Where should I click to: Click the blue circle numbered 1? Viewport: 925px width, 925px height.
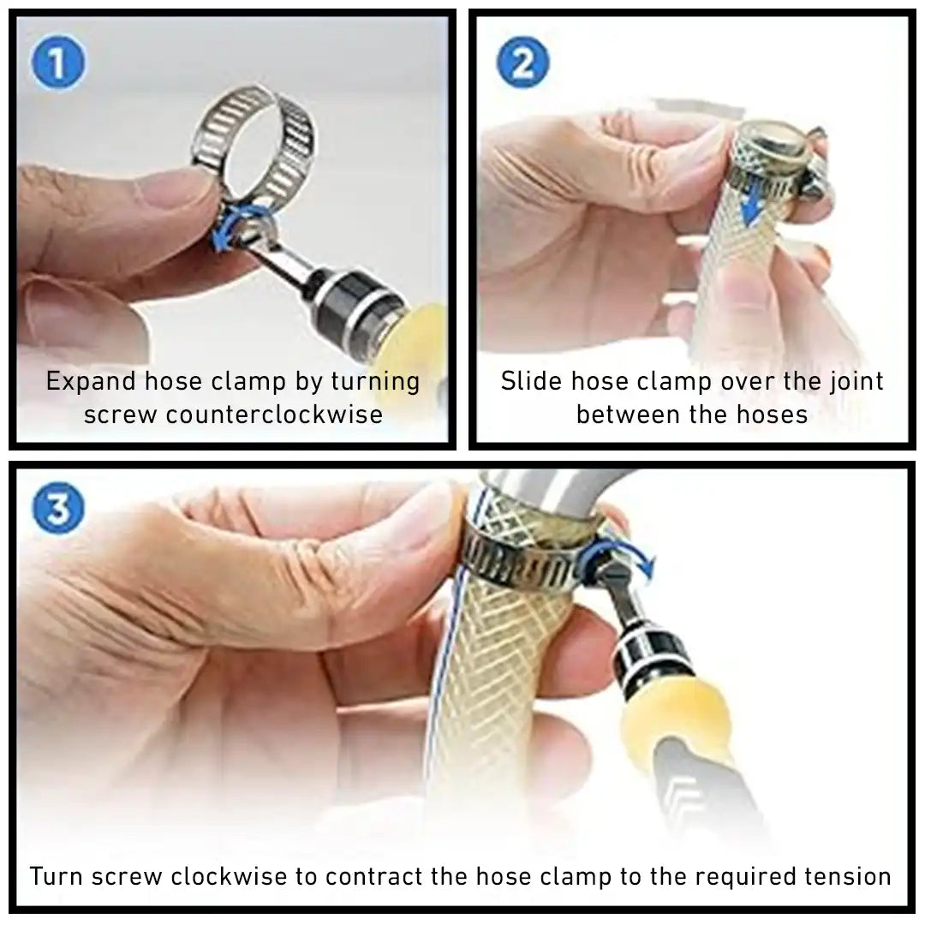(x=57, y=63)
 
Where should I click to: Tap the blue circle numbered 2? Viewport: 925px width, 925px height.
(x=522, y=63)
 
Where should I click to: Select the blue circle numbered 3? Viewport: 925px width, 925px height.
(x=58, y=509)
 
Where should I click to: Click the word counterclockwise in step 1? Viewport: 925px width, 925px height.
(x=273, y=415)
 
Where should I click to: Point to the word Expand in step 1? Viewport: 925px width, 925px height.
(x=92, y=382)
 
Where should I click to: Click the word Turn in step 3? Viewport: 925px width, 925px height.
(x=57, y=876)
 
